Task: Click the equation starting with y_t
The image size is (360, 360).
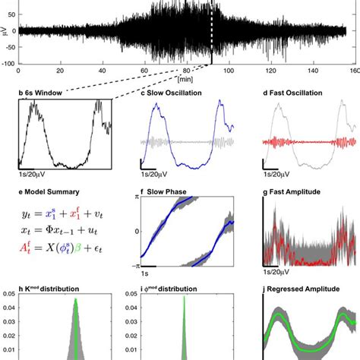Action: coord(61,216)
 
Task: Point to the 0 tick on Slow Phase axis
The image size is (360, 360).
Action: coord(135,231)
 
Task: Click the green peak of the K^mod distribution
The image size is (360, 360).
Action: coord(76,301)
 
